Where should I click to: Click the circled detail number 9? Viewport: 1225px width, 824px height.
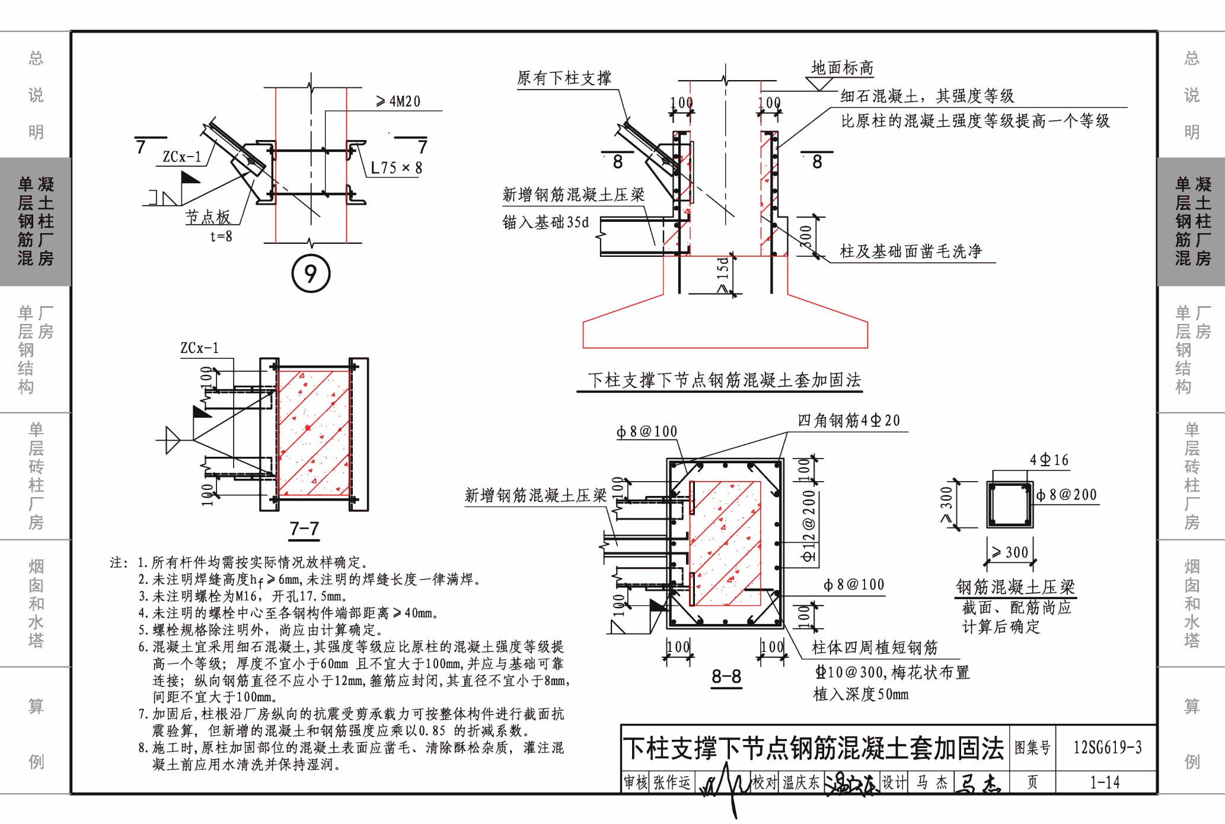(311, 273)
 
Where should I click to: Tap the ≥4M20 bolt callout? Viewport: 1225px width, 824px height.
(398, 102)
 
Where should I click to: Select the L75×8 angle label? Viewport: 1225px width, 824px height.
(396, 168)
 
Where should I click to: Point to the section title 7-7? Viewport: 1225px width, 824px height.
(304, 529)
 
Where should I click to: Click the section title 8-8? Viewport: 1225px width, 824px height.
(726, 676)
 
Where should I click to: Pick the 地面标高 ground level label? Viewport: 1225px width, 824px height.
(842, 68)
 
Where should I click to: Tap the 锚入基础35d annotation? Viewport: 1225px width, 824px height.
(545, 222)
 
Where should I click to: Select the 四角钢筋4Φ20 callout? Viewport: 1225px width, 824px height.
(848, 421)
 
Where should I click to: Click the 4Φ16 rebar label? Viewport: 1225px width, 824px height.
(1049, 460)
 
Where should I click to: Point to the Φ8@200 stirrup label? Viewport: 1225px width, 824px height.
(1067, 495)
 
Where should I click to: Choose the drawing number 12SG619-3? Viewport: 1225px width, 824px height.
(1107, 747)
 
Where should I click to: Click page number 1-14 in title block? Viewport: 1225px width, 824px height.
(1105, 782)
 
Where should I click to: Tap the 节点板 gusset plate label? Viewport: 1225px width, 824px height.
(208, 217)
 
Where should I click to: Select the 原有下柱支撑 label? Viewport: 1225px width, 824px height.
(564, 78)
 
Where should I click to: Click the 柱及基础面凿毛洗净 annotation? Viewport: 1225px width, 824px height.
(911, 252)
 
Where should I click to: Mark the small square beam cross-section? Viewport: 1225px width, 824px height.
(1010, 504)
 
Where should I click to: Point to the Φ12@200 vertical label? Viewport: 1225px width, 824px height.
(809, 526)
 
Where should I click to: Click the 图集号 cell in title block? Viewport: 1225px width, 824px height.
(1032, 747)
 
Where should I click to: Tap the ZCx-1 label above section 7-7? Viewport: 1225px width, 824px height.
(200, 348)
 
